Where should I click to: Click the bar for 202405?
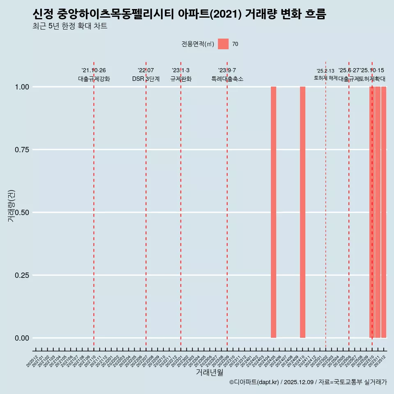(x=273, y=212)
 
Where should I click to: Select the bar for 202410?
(x=302, y=212)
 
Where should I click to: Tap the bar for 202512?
(x=384, y=212)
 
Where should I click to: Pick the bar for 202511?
(x=378, y=212)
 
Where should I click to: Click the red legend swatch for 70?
(x=223, y=44)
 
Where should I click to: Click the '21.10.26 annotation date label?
(x=94, y=71)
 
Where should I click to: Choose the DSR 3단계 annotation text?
(x=146, y=79)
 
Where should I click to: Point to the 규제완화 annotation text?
(x=181, y=79)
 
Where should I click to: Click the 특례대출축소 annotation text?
(x=227, y=79)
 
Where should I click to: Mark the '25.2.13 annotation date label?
(x=325, y=71)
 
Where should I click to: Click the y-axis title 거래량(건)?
(x=11, y=206)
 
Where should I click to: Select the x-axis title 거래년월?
(x=209, y=372)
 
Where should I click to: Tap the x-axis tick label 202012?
(x=32, y=362)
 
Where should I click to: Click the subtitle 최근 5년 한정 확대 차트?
(x=70, y=26)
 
